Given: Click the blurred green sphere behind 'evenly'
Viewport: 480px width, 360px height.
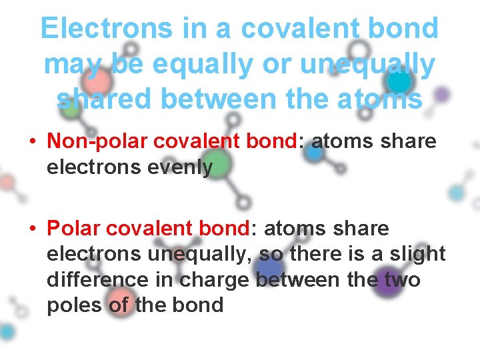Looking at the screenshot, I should coord(215,165).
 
